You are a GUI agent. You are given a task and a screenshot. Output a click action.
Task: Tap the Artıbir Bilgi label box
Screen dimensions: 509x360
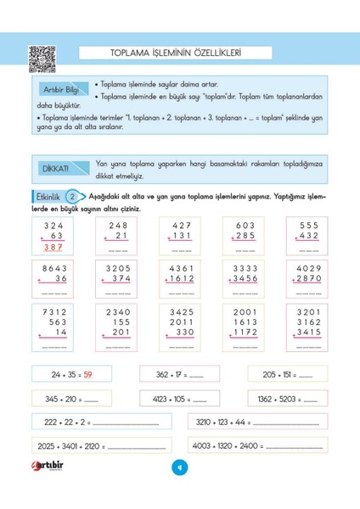(x=60, y=89)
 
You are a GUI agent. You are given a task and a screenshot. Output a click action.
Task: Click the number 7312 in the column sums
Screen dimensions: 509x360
(x=50, y=310)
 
